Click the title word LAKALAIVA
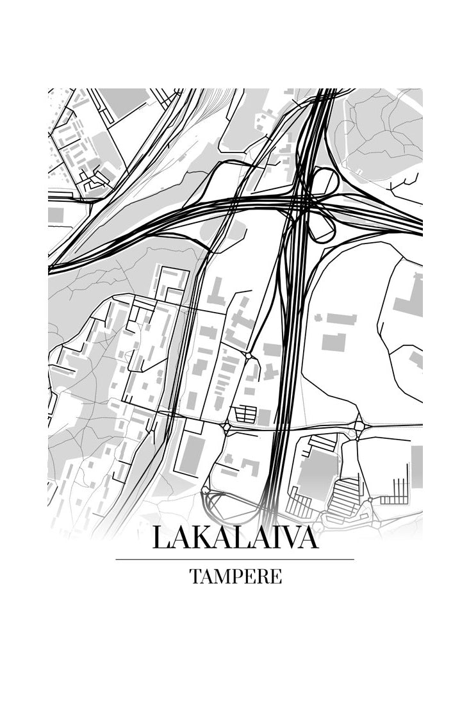[235, 538]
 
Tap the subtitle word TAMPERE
[235, 576]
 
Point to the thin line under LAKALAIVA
[235, 559]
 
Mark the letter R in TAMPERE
[263, 576]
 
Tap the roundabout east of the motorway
[359, 425]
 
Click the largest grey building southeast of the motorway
[317, 474]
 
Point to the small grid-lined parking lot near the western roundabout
[245, 414]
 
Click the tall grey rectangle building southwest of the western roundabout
[190, 455]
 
